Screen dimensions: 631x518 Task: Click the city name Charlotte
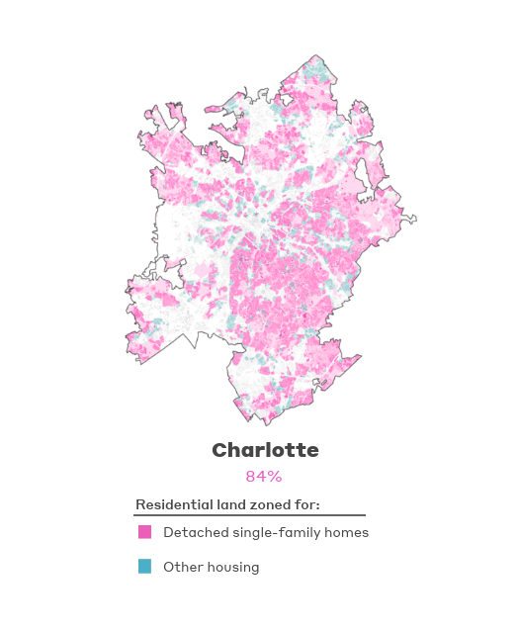[265, 451]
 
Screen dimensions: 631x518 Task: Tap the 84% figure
[264, 477]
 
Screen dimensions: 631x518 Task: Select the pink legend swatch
[144, 532]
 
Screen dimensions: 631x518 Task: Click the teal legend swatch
[144, 567]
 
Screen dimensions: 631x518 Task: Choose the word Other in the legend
[181, 568]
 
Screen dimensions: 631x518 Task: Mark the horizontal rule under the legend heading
[250, 515]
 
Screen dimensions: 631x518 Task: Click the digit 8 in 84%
[251, 477]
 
